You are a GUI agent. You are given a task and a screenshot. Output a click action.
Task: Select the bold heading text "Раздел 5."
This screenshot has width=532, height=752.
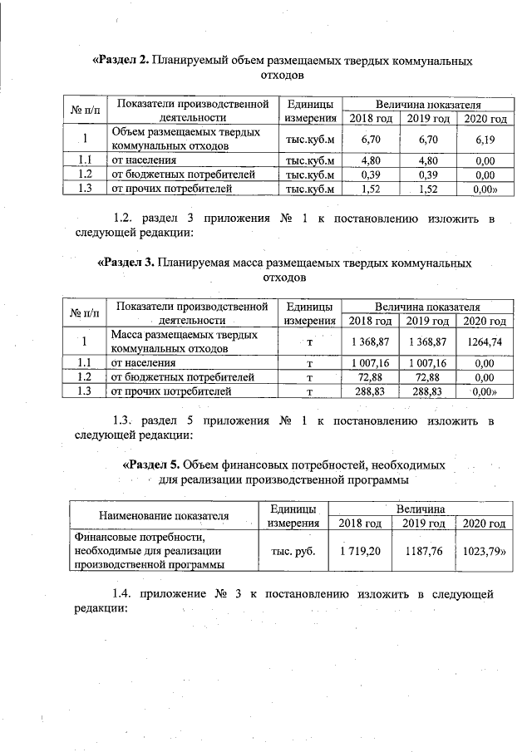[151, 464]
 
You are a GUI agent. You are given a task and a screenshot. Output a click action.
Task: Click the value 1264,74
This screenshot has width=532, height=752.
[485, 342]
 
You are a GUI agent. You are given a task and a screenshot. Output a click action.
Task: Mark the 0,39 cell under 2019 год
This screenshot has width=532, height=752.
[428, 174]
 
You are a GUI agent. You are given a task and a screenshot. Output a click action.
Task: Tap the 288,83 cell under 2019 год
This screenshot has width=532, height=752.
[428, 391]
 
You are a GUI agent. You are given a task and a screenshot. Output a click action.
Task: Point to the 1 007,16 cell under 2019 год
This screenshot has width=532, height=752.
[428, 363]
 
